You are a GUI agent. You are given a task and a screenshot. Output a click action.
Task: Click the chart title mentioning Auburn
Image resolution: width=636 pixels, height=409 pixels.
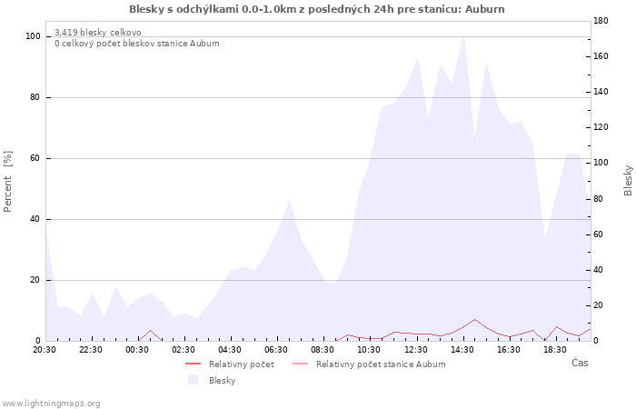point(317,9)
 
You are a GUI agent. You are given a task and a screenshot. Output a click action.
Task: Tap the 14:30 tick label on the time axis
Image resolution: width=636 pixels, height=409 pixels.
point(462,350)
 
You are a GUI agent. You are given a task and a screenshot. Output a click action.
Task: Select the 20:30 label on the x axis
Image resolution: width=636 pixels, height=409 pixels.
point(45,350)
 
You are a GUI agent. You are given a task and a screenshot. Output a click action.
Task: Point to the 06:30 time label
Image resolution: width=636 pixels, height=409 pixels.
point(276,350)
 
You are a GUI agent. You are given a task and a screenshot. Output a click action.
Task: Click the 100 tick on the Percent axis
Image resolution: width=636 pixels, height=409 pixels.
point(33,36)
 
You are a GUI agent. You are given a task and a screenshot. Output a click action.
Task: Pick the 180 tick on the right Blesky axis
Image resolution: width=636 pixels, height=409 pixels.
point(601,21)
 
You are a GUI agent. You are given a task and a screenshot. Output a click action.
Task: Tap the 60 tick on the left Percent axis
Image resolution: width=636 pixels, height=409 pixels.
point(35,158)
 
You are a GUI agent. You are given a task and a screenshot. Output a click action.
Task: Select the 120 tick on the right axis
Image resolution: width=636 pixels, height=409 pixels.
point(601,127)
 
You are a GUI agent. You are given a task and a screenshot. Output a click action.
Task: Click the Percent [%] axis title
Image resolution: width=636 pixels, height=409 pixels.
point(7,182)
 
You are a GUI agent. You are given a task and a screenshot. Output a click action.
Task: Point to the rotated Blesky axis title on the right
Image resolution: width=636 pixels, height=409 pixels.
point(628,180)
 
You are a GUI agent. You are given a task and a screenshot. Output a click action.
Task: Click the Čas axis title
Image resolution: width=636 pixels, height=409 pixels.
point(580,363)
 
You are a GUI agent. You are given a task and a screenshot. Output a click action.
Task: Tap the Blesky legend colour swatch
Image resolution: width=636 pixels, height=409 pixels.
point(193,380)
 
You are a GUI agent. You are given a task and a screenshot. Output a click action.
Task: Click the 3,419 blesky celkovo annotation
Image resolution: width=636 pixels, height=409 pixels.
point(98,32)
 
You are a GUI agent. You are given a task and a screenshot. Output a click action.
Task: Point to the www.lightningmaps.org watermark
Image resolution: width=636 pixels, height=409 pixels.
point(51,404)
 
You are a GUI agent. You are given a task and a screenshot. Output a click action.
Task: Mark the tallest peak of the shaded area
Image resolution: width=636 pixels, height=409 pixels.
point(463,36)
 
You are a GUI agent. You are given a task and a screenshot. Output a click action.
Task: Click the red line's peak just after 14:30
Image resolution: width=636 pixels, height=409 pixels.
point(474,319)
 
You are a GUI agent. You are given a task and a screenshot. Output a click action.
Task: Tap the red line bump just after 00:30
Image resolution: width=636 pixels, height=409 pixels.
point(151,330)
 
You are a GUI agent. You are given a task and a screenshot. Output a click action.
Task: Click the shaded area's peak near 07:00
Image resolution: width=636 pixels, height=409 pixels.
point(289,201)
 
